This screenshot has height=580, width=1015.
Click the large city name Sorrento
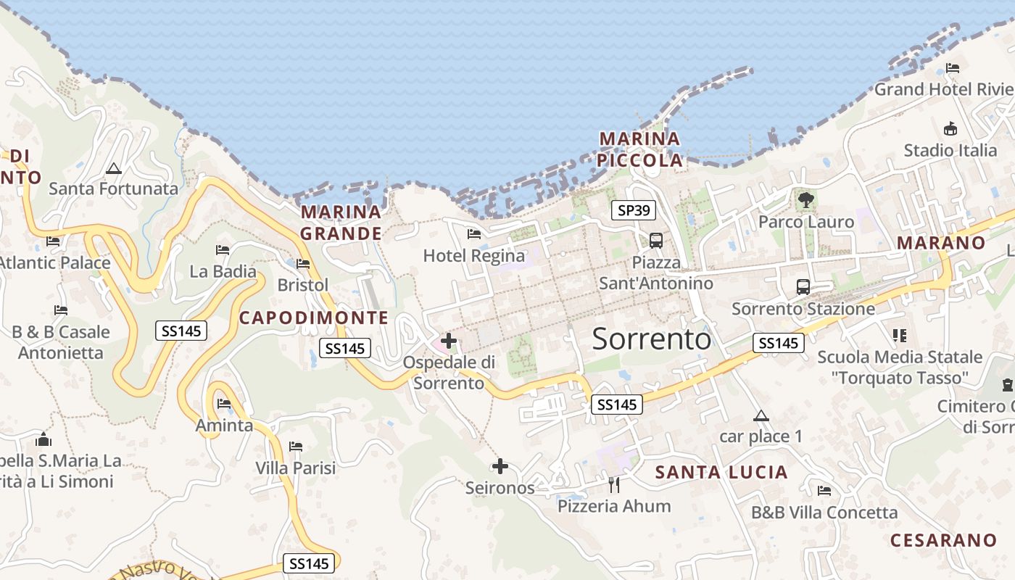(x=652, y=339)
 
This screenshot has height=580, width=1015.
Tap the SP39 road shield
(x=633, y=211)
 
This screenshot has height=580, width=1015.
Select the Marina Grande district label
(x=341, y=223)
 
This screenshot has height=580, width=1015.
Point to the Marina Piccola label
(x=641, y=149)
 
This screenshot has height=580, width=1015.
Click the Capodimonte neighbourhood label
(x=314, y=318)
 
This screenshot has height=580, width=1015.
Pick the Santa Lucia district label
(x=721, y=473)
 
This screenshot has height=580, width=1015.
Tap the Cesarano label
(x=943, y=540)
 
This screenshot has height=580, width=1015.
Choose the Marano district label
(x=941, y=243)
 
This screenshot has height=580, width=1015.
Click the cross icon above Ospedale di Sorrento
(x=449, y=340)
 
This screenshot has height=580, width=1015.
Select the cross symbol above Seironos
(x=500, y=466)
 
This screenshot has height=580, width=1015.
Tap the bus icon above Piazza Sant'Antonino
(x=656, y=240)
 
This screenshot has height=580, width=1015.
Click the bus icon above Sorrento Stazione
(x=803, y=286)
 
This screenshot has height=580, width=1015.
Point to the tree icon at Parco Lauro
(x=805, y=199)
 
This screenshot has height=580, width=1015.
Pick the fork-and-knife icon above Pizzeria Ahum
(x=614, y=484)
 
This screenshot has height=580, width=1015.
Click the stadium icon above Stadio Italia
(x=950, y=129)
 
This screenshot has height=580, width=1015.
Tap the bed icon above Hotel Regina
(x=474, y=233)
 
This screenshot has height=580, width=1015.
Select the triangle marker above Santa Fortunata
(x=113, y=169)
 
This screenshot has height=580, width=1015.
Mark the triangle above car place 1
(x=761, y=415)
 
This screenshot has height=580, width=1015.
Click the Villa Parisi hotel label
(x=295, y=468)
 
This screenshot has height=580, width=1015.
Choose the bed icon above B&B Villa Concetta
(x=824, y=491)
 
